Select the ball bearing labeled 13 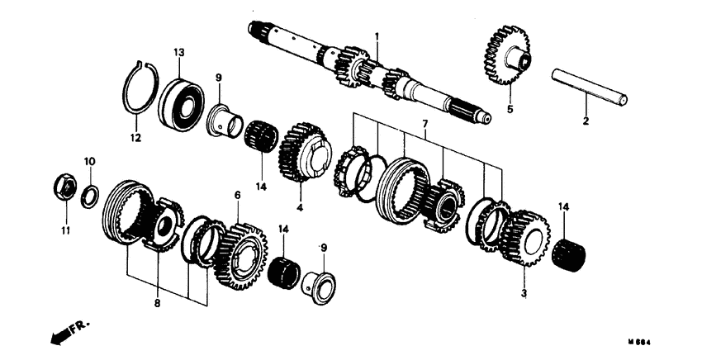(x=181, y=102)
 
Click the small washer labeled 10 (x=91, y=194)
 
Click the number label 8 (x=157, y=304)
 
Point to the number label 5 (x=509, y=108)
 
